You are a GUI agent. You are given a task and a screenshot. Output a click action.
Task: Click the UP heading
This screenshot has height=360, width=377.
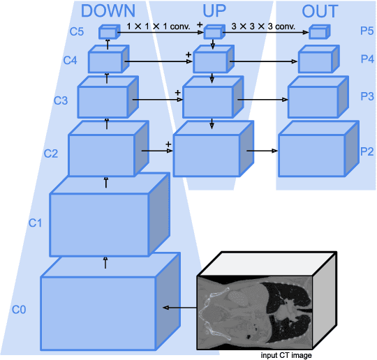point(219,11)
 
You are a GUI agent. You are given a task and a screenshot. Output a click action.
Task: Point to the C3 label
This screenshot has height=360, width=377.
point(61,100)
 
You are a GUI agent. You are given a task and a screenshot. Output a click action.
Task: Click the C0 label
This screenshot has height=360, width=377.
point(19,308)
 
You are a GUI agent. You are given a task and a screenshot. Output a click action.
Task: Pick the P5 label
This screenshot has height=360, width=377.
point(367,31)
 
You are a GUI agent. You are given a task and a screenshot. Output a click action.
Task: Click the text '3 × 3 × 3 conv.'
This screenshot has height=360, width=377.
point(264,27)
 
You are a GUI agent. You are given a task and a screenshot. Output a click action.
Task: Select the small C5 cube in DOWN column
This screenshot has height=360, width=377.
point(108,32)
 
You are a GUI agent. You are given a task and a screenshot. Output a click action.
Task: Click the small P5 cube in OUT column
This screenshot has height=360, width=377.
point(318,31)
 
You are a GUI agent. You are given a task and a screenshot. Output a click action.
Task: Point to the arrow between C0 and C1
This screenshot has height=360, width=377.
point(106,263)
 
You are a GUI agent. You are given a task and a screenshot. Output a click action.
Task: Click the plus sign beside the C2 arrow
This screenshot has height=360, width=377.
point(168,144)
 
